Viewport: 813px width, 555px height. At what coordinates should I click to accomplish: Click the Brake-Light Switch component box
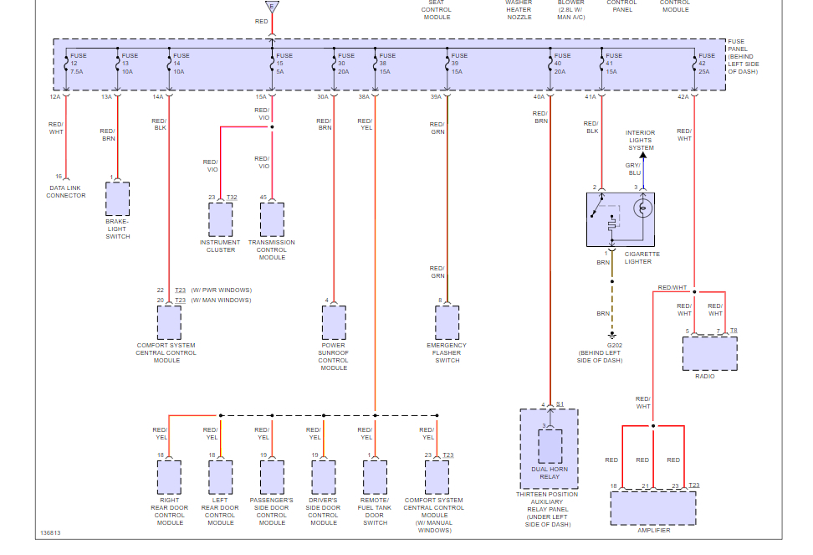click(118, 199)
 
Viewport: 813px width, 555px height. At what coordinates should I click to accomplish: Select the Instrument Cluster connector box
click(221, 219)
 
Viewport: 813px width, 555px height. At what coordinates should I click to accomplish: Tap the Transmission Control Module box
click(272, 219)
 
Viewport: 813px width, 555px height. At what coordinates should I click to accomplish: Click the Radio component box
click(709, 353)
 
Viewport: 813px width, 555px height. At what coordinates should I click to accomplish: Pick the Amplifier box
click(652, 507)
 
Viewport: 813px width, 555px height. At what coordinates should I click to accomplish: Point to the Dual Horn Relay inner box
click(550, 446)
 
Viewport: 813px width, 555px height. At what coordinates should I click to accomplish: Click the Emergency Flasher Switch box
click(447, 322)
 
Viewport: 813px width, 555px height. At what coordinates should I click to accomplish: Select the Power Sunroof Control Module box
click(334, 322)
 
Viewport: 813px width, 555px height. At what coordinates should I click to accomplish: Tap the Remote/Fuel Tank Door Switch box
click(376, 476)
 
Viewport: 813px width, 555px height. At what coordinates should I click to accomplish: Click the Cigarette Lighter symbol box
click(620, 219)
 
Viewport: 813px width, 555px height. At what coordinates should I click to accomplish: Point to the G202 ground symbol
click(612, 336)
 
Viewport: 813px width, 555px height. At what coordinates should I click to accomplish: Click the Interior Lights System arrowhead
click(642, 155)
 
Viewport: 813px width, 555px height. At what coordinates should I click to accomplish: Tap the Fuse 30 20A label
click(346, 64)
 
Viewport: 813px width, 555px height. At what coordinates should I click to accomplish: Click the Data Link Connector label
click(66, 192)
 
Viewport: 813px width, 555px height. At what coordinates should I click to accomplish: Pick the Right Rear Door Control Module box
click(170, 476)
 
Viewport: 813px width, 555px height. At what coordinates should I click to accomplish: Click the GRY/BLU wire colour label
click(635, 169)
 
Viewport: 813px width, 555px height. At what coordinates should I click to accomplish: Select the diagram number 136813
click(50, 533)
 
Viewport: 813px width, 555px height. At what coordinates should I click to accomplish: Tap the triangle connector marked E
click(271, 6)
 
